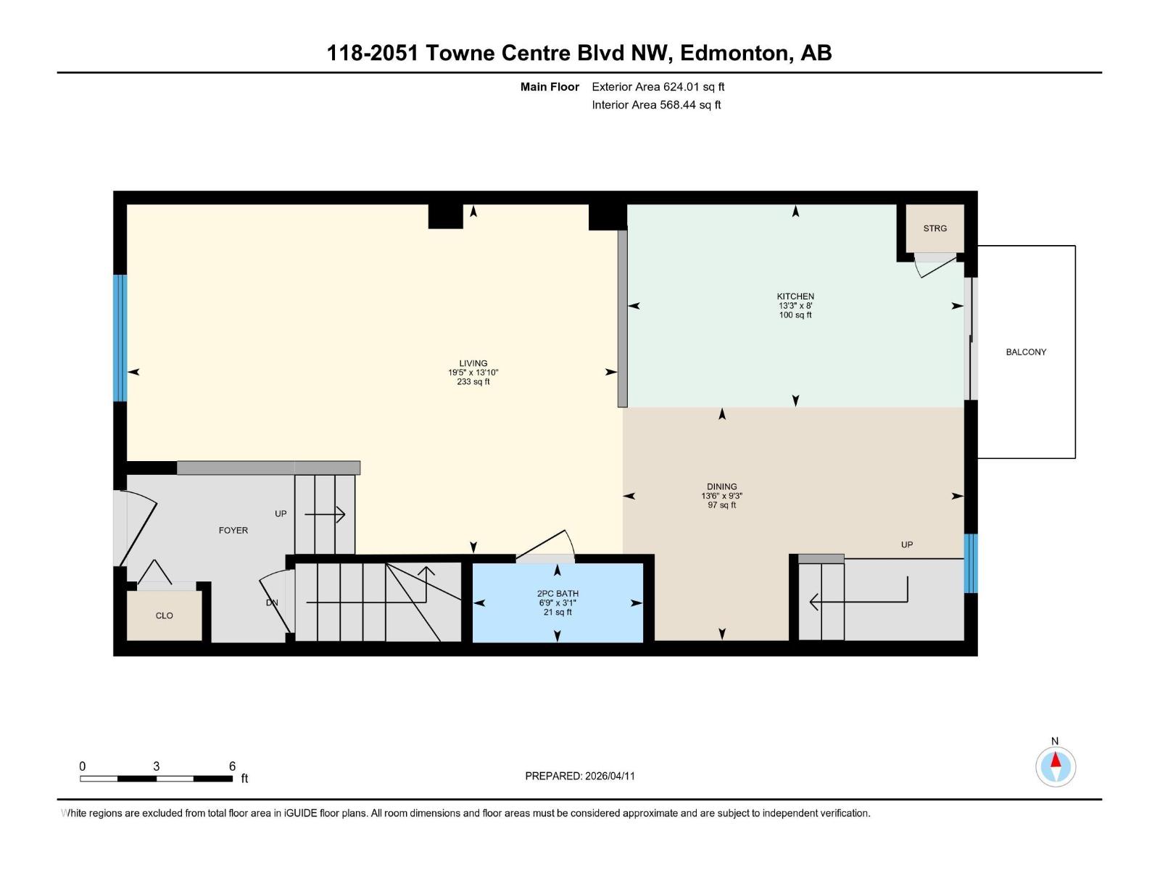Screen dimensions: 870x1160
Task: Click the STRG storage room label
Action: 935,228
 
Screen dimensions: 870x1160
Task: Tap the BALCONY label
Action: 1026,352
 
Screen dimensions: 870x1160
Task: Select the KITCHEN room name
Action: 795,297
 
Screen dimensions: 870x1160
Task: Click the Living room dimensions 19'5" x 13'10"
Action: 473,373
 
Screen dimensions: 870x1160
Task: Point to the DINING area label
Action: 721,487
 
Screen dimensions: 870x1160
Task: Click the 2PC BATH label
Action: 557,594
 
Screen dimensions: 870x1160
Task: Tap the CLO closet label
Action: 164,616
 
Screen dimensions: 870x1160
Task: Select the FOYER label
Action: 233,531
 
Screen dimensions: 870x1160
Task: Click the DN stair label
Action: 272,603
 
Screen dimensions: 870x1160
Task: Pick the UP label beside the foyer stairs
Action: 281,514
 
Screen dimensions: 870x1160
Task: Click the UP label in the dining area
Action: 906,545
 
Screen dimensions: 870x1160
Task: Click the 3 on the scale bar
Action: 156,766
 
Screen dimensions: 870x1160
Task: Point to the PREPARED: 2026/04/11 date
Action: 580,776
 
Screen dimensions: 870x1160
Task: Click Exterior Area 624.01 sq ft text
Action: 658,87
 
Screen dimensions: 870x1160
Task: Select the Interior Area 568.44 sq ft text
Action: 656,105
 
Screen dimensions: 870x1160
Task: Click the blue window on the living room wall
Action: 120,338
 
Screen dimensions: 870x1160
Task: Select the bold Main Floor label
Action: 550,87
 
